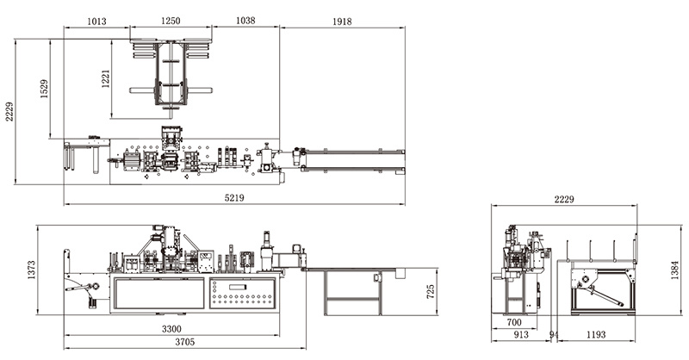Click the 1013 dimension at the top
tap(96, 21)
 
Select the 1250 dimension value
tap(171, 21)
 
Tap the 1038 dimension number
tap(245, 20)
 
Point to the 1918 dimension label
tap(342, 21)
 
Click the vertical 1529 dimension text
tap(45, 89)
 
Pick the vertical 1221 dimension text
tap(105, 78)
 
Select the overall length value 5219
tap(234, 198)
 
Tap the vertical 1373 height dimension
tap(31, 270)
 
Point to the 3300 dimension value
tap(171, 329)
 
